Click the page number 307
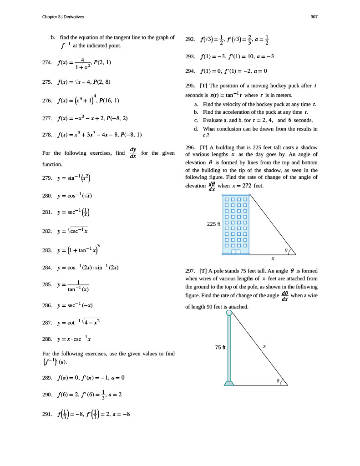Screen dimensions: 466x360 (314, 17)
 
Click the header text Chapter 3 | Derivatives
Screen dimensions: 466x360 (63, 17)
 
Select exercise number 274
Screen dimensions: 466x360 (47, 62)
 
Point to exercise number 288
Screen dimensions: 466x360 (47, 339)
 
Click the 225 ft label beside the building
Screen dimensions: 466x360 (213, 224)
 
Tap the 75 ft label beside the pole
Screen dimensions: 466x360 (220, 348)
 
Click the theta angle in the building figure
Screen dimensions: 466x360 (286, 250)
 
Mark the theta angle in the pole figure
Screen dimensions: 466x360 (278, 380)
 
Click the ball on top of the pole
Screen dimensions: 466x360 (229, 313)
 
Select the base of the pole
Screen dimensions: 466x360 (229, 383)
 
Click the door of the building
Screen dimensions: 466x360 (236, 251)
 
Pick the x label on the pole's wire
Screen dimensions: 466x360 (264, 346)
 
